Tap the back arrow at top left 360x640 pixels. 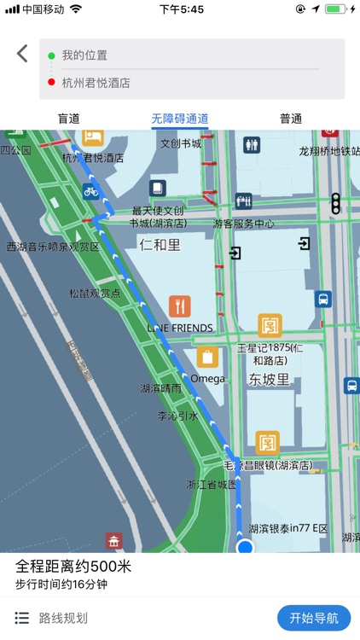(22, 54)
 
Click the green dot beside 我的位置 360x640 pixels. (51, 55)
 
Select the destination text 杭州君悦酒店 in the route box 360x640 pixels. (96, 83)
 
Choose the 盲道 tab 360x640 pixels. (68, 119)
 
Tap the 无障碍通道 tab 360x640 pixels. (180, 119)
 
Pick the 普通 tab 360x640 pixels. (291, 119)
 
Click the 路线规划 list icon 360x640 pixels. (23, 618)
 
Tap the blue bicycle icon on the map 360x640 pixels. (90, 191)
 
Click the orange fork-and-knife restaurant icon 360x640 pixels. (179, 305)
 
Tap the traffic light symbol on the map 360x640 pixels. (336, 203)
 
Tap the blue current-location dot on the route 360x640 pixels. (246, 546)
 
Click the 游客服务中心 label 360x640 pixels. (244, 224)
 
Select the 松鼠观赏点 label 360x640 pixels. (95, 293)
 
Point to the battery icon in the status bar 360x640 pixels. (335, 9)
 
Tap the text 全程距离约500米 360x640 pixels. (73, 567)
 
